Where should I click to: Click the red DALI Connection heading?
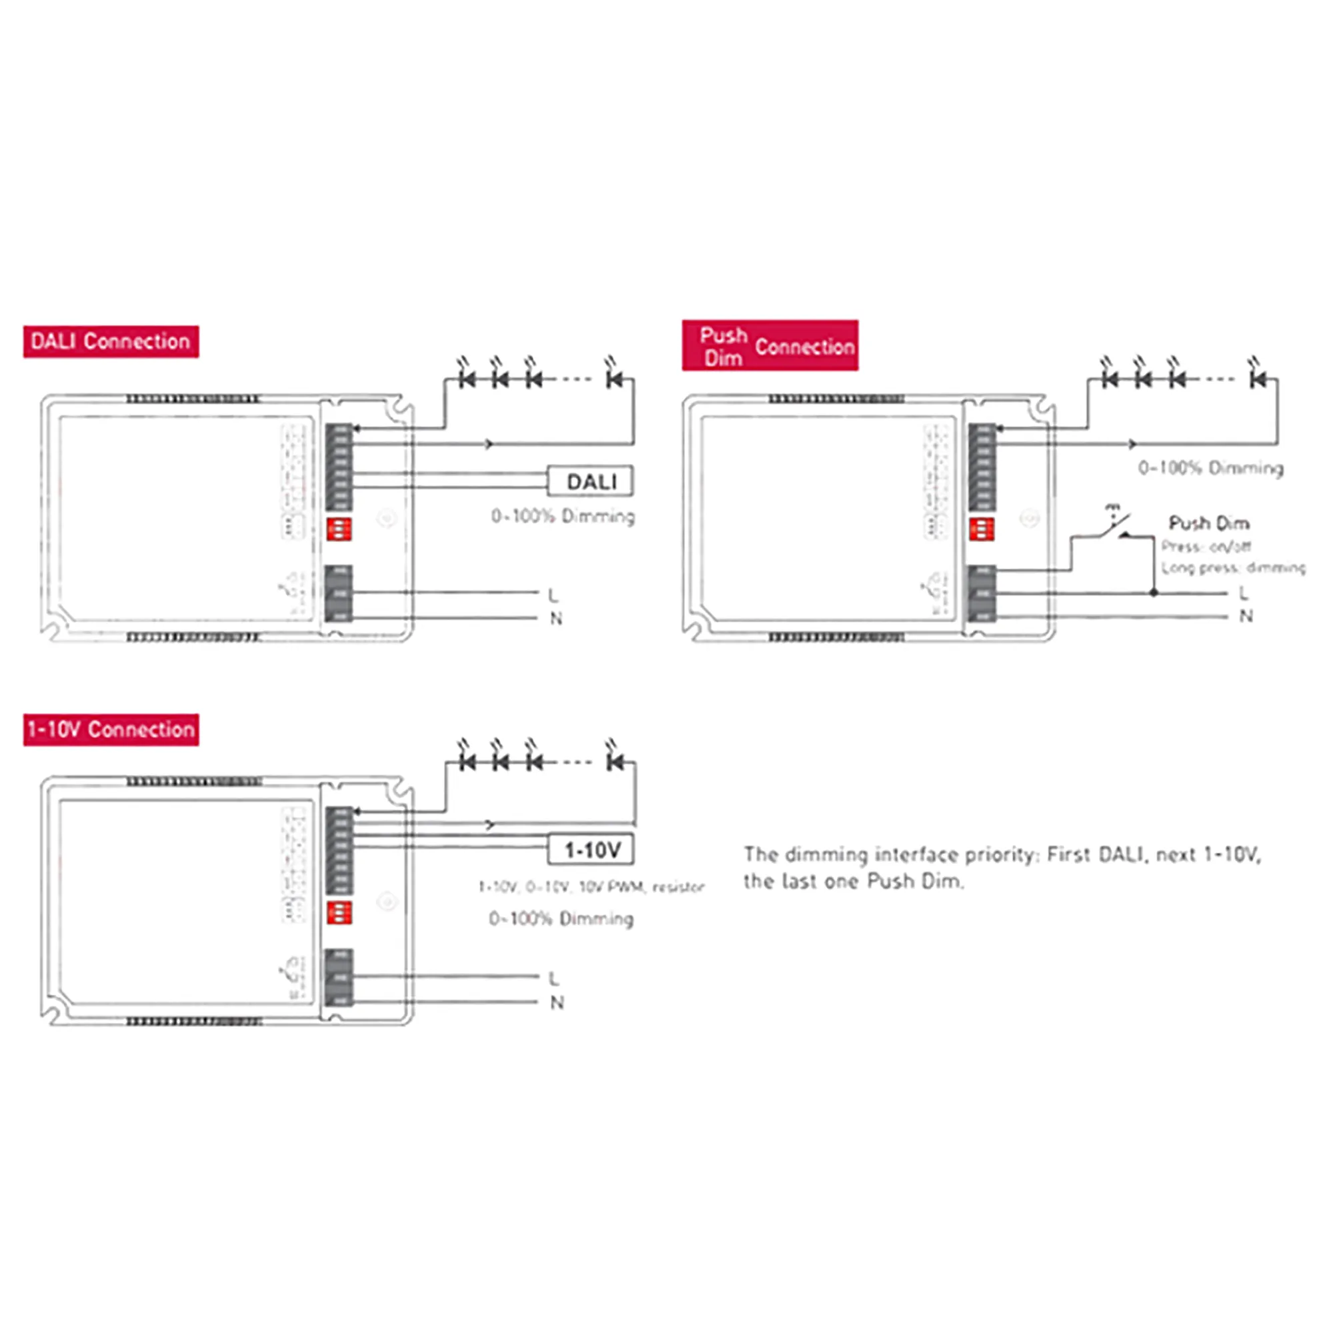[x=111, y=341]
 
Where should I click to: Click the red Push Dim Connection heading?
[x=770, y=346]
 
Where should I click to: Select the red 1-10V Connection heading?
[x=111, y=729]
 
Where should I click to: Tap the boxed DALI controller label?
[x=591, y=482]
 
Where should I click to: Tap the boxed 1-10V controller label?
[x=591, y=850]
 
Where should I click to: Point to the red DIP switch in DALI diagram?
[x=339, y=529]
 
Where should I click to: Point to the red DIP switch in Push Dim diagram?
[x=981, y=529]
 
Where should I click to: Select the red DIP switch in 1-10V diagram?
[x=339, y=912]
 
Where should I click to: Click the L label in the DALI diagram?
[x=553, y=595]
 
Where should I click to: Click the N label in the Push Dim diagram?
[x=1246, y=616]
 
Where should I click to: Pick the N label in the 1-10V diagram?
[x=557, y=1002]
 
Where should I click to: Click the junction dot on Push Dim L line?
[x=1153, y=593]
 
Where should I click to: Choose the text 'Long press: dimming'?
[x=1233, y=568]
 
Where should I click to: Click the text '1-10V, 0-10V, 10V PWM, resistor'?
[x=591, y=886]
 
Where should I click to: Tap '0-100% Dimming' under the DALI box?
[x=563, y=516]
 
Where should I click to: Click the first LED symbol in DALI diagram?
[x=467, y=378]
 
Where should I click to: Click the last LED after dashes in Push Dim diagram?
[x=1257, y=378]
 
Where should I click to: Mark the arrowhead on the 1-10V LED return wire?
[x=490, y=824]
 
